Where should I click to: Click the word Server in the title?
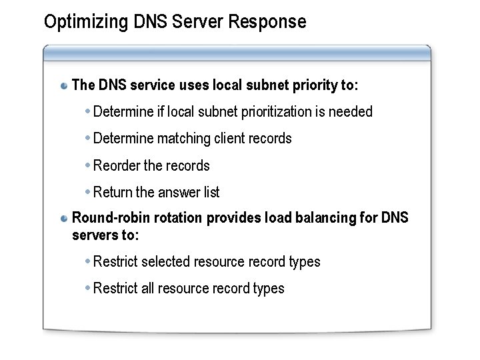coord(197,22)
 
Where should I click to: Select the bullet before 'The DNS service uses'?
coord(64,86)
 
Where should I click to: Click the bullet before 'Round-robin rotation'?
coord(64,219)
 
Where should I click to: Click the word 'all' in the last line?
coord(148,289)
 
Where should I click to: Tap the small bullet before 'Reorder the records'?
coord(88,165)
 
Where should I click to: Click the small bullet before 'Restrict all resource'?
coord(88,288)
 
